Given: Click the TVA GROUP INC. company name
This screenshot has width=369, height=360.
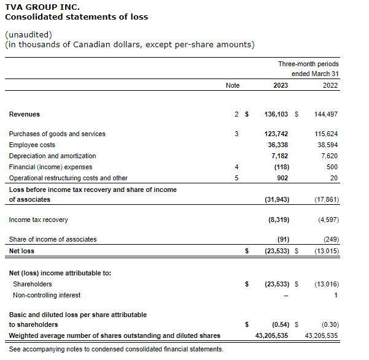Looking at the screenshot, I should (42, 7).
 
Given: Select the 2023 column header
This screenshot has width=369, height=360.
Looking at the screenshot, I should (281, 85).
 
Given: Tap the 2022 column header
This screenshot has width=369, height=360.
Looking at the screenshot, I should (330, 85).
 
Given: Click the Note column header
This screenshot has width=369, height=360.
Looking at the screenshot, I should (233, 85).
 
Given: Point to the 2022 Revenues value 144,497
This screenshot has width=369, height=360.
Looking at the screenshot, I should (325, 114).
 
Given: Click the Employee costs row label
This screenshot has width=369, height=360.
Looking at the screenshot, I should (32, 145).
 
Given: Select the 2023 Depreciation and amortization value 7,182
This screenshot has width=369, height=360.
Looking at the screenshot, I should (280, 156).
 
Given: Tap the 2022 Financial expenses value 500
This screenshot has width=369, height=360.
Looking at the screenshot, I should (332, 167).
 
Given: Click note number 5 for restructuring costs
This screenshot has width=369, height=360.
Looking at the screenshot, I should (236, 178).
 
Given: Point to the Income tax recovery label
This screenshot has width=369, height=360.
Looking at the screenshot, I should (38, 220).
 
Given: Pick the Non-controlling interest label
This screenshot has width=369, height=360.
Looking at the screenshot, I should (47, 295).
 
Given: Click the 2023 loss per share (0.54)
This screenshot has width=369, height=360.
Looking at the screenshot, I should (280, 324).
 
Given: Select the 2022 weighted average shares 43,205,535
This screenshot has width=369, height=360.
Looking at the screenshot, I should (322, 335).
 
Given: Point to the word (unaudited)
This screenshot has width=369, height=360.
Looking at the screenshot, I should (28, 34).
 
